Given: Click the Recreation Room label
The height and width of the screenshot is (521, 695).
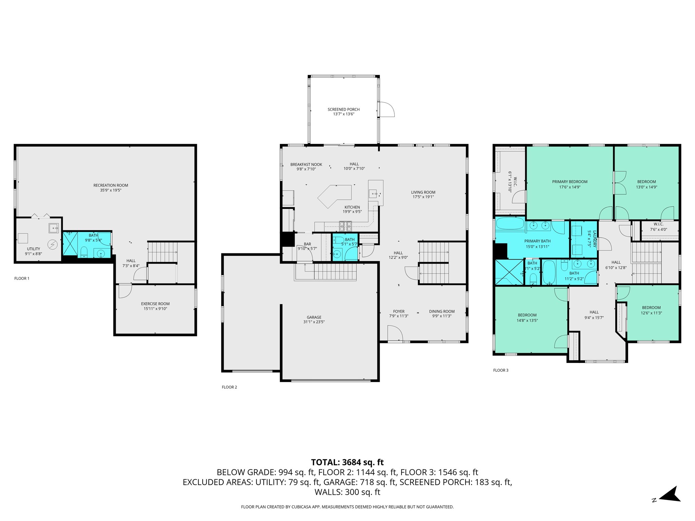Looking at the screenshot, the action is tap(111, 185).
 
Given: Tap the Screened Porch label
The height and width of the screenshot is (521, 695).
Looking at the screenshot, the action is tap(343, 109).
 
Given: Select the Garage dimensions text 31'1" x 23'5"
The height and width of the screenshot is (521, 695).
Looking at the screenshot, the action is tap(314, 322).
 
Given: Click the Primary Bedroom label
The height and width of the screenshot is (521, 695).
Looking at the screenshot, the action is tap(569, 181).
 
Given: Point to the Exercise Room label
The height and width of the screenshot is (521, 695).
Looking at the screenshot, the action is tap(155, 304).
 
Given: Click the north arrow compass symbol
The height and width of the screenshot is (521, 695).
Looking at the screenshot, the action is tap(669, 495).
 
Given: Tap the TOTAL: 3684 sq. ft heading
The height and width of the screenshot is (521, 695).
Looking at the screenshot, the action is tap(347, 462).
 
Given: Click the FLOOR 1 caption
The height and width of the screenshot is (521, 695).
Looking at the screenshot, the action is tap(22, 278).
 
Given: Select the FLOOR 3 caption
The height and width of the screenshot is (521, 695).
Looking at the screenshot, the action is tap(501, 370).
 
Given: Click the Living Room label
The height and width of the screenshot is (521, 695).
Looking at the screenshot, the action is tap(423, 192).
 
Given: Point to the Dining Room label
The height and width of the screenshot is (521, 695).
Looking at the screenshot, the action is tap(442, 311).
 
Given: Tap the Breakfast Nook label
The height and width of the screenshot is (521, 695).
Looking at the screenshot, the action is tap(306, 165).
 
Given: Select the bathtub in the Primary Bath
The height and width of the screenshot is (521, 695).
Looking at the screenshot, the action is tap(510, 224).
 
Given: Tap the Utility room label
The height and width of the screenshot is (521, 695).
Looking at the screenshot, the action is tap(34, 249).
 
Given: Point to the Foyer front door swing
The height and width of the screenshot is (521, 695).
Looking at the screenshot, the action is tap(395, 333).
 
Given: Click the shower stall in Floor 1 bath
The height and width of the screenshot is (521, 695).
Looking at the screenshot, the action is tap(70, 244).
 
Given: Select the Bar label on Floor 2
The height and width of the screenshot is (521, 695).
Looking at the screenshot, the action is tap(307, 244).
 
